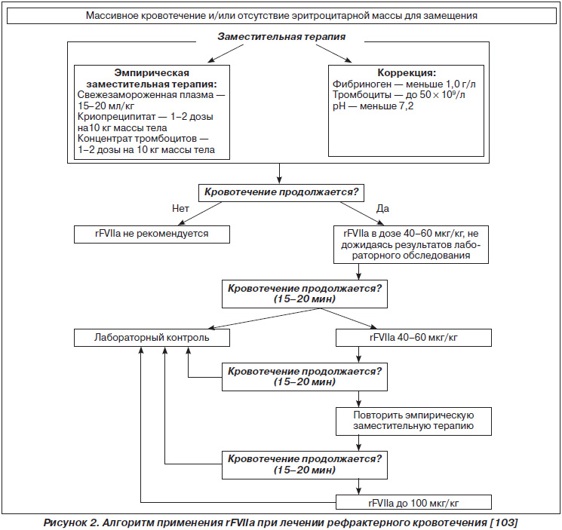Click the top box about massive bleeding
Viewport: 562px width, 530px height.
281,16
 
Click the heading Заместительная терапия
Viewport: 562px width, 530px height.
281,36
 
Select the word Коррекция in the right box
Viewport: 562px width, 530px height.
404,72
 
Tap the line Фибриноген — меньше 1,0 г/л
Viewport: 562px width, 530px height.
404,84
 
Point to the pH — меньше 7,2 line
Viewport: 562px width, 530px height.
373,106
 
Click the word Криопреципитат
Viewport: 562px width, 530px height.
116,117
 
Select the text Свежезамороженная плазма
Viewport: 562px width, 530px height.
146,95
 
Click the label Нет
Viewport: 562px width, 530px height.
180,208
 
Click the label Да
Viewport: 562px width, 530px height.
382,208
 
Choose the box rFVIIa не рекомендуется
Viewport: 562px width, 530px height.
152,234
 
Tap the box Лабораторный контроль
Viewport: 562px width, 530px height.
152,338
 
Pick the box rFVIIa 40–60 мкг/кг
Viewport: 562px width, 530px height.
413,338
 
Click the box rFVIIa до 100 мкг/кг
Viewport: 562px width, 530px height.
413,502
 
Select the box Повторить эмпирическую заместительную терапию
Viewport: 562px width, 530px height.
413,421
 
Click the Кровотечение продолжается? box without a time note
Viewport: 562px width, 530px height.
281,193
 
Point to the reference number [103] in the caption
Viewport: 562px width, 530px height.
505,522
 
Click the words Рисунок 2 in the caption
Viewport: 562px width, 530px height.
71,522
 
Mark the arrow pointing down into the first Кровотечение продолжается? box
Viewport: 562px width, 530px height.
279,173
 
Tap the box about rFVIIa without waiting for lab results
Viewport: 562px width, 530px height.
411,244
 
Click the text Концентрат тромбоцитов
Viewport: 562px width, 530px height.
137,139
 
